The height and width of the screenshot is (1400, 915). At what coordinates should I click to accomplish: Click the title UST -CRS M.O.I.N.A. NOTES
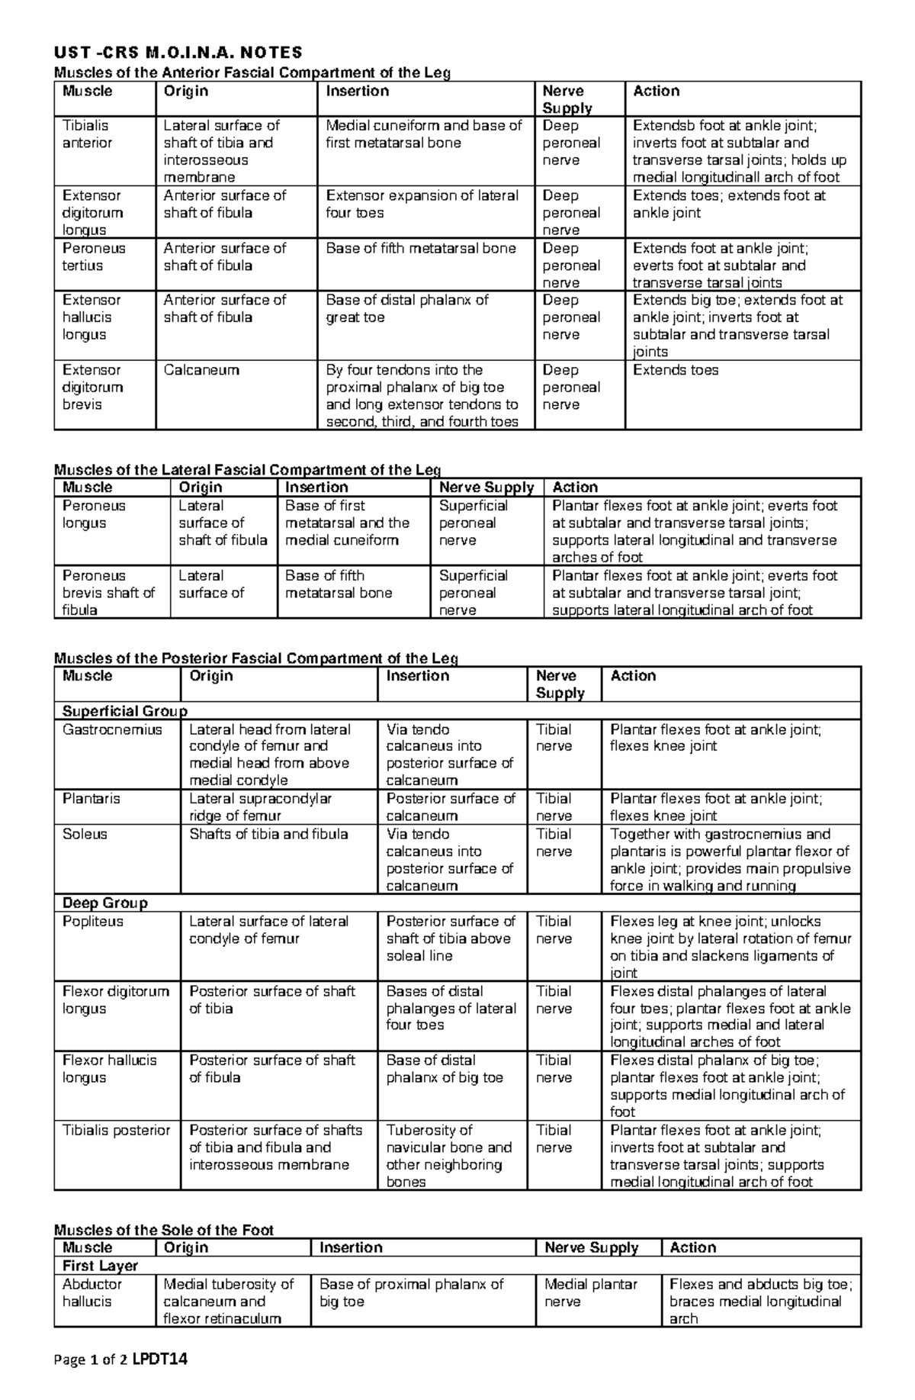point(177,53)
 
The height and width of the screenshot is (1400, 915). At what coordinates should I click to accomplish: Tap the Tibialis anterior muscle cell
point(86,134)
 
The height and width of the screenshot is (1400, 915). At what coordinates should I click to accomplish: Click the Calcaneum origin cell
point(201,370)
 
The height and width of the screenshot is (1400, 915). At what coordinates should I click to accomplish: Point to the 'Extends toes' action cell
point(676,370)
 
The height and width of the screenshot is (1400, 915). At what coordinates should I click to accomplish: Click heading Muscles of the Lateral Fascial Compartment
point(247,470)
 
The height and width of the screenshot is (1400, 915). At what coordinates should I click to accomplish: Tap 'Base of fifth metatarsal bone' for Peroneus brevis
point(339,584)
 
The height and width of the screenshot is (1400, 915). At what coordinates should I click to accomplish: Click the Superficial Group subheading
point(124,711)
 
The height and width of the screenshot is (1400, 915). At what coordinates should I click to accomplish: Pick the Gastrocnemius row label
point(112,729)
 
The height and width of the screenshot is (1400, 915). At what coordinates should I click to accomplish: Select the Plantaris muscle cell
point(91,799)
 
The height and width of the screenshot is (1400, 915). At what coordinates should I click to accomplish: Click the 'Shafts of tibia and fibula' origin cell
point(268,834)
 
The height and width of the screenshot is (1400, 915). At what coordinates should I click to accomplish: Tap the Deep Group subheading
point(105,903)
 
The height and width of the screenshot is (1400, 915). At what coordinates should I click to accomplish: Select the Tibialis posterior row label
point(116,1131)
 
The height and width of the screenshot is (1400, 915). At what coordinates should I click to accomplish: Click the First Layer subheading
point(100,1266)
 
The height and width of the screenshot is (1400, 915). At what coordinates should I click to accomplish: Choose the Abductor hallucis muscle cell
point(92,1292)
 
